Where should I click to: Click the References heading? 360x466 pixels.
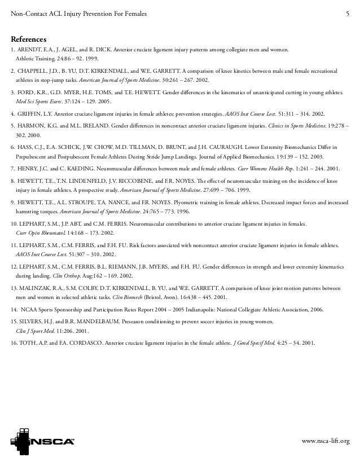point(32,39)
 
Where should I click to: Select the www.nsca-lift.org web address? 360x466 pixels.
point(326,439)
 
